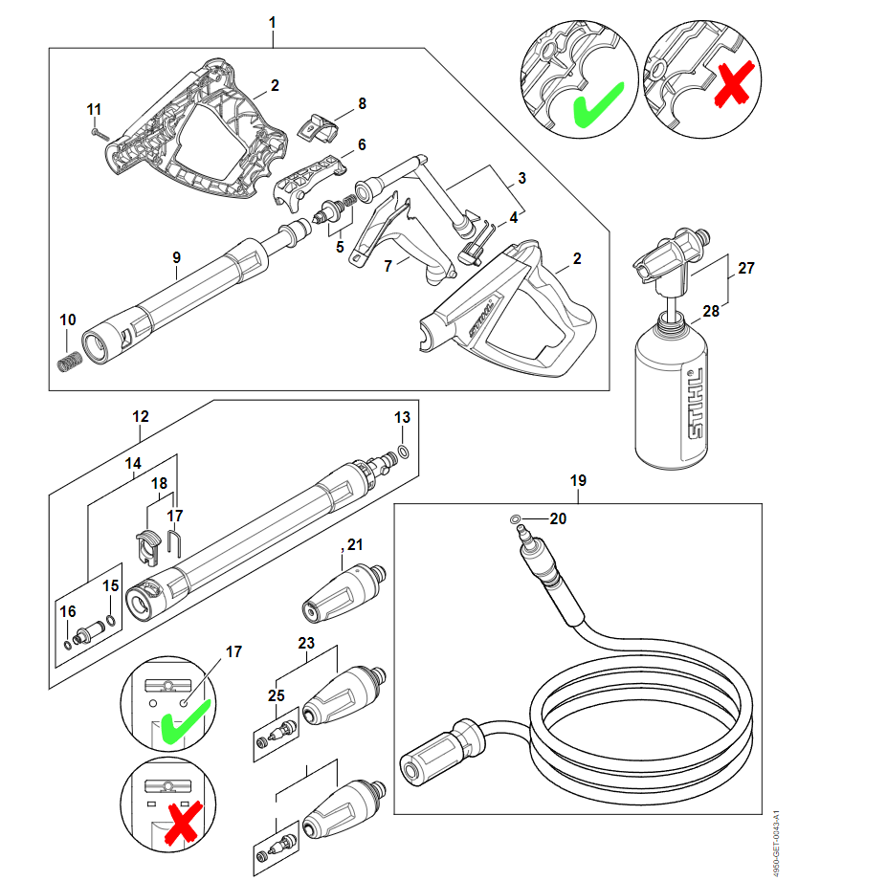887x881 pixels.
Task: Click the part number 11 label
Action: [x=94, y=107]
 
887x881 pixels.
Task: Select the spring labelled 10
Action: [x=67, y=363]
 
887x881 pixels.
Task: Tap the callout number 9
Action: [x=176, y=257]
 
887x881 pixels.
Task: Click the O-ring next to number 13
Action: [x=405, y=451]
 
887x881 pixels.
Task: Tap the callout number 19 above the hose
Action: [x=578, y=480]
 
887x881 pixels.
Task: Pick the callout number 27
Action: [x=746, y=269]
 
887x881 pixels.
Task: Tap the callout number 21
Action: [x=355, y=545]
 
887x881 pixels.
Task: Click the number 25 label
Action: [x=277, y=695]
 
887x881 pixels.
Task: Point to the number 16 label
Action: [x=67, y=612]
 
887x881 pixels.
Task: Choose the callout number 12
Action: [x=141, y=416]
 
